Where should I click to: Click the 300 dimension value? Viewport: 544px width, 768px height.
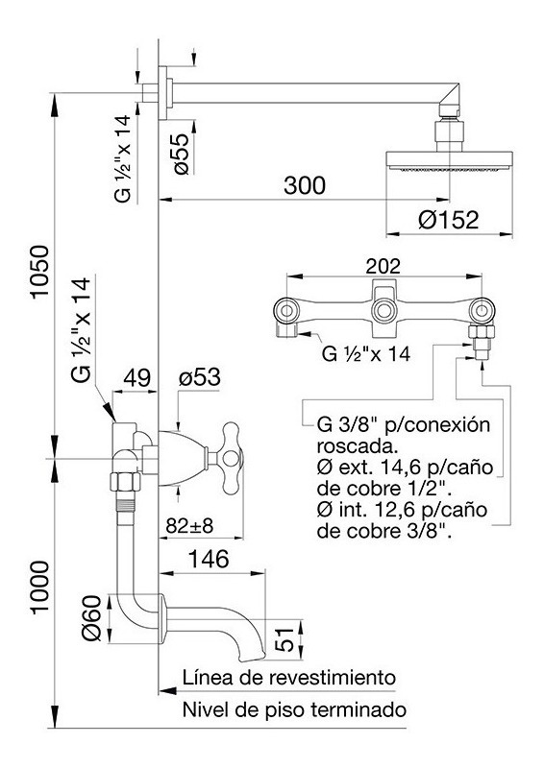click(x=304, y=186)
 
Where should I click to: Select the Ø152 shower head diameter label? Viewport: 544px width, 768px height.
click(x=448, y=220)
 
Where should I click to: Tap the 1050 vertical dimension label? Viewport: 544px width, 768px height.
click(x=39, y=271)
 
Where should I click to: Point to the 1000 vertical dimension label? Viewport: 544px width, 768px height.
click(x=39, y=587)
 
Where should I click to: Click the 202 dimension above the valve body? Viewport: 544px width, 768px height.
click(x=383, y=266)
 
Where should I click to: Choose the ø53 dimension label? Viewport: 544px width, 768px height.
click(x=200, y=377)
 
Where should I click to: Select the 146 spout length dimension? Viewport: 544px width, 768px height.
click(x=209, y=559)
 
